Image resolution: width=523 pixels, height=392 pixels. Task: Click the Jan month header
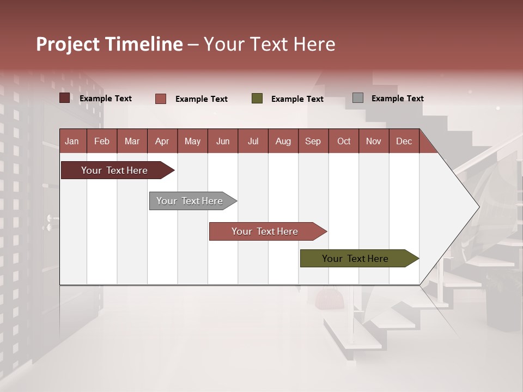[x=72, y=141]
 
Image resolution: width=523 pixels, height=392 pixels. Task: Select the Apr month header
[x=162, y=141]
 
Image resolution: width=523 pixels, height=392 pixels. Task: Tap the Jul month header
[x=253, y=141]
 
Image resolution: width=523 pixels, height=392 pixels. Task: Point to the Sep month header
[x=313, y=141]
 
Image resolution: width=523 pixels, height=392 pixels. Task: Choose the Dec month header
[x=404, y=141]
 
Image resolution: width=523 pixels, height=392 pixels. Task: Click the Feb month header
[x=102, y=141]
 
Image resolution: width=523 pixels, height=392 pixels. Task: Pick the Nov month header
[x=374, y=141]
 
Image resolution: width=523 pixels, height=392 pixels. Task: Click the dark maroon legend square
[x=65, y=98]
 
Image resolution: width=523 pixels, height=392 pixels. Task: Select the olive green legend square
[x=257, y=99]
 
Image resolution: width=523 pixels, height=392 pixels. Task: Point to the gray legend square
[x=358, y=98]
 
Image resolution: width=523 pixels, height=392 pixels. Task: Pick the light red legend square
[x=161, y=99]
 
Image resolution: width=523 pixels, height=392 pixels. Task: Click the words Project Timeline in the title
[x=110, y=44]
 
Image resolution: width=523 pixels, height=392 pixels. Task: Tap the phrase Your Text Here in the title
[x=269, y=44]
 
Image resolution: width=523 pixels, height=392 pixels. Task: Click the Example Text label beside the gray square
[x=397, y=99]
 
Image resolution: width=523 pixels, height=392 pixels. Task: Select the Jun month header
[x=223, y=141]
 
